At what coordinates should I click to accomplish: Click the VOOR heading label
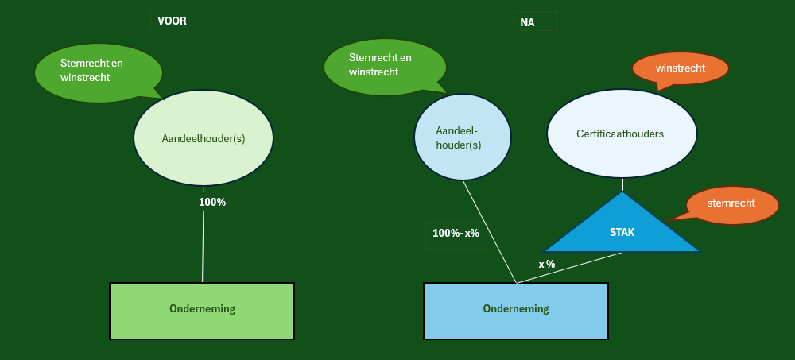click(x=173, y=21)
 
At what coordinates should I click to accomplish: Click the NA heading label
click(x=528, y=22)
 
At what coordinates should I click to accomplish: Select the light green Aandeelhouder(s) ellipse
click(x=204, y=137)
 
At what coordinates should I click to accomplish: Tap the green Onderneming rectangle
click(x=202, y=309)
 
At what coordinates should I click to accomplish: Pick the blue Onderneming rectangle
click(x=515, y=309)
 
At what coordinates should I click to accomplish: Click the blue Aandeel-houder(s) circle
click(x=463, y=137)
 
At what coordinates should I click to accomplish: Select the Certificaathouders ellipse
click(x=621, y=134)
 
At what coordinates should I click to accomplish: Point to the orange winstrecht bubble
click(x=681, y=69)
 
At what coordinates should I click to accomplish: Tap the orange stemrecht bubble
click(x=731, y=204)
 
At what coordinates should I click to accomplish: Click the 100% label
click(x=212, y=202)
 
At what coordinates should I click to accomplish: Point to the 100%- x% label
click(x=456, y=234)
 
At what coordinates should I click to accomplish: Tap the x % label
click(x=546, y=264)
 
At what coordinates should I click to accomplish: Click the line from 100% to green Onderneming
click(x=203, y=246)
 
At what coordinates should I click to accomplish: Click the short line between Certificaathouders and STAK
click(x=622, y=184)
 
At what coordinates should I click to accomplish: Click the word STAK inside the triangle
click(x=622, y=233)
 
